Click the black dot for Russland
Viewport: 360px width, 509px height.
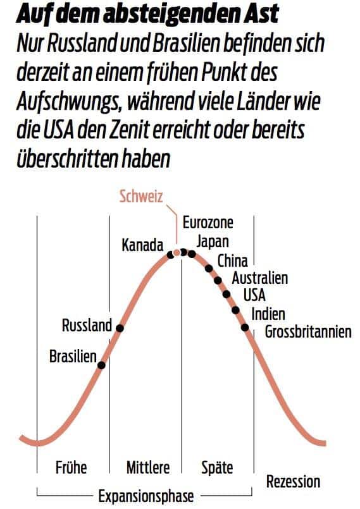point(120,328)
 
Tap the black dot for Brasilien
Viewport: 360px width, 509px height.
point(101,364)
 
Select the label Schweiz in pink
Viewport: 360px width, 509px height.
point(142,196)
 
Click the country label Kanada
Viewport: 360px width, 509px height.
point(142,245)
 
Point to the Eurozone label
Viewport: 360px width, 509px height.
point(208,223)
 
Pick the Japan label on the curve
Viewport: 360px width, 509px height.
point(213,241)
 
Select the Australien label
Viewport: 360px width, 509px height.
point(260,278)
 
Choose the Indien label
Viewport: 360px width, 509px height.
point(268,313)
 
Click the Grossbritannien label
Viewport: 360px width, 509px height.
point(308,331)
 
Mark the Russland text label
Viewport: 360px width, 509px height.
point(87,326)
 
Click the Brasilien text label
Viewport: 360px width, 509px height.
point(73,356)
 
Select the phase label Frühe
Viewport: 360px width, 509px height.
point(71,469)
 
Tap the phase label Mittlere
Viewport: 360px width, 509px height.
point(148,469)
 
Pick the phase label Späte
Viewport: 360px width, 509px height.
point(217,469)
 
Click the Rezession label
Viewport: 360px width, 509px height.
point(293,482)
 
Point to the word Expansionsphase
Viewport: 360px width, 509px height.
point(146,496)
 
